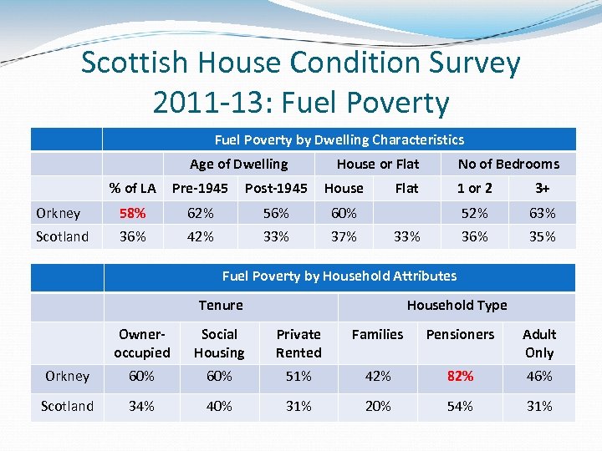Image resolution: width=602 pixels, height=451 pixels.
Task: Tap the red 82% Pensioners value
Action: pyautogui.click(x=460, y=376)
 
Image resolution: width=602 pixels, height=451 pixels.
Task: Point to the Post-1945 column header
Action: pyautogui.click(x=276, y=188)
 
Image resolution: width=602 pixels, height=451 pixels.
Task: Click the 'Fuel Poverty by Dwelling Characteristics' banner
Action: pyautogui.click(x=339, y=139)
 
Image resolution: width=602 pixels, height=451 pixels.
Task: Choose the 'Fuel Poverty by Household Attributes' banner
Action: pyautogui.click(x=339, y=276)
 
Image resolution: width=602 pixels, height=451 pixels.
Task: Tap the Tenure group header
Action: pyautogui.click(x=221, y=305)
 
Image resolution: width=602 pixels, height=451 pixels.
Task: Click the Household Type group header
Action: pyautogui.click(x=457, y=305)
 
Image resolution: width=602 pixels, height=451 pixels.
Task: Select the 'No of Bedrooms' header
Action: pyautogui.click(x=508, y=164)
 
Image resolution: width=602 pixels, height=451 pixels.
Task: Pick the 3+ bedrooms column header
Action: pyautogui.click(x=543, y=188)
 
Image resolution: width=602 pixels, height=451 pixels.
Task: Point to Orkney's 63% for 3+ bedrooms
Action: pyautogui.click(x=543, y=213)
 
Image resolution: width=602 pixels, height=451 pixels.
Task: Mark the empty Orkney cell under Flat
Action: pyautogui.click(x=407, y=213)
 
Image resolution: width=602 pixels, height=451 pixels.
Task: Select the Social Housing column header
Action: pyautogui.click(x=219, y=343)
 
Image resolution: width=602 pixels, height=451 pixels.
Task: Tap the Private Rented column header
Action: pyautogui.click(x=298, y=343)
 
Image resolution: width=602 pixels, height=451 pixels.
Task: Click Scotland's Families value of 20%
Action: pyautogui.click(x=377, y=406)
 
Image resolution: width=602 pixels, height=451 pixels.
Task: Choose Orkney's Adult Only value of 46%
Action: pyautogui.click(x=539, y=376)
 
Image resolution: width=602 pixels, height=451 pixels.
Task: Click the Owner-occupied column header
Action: pyautogui.click(x=141, y=343)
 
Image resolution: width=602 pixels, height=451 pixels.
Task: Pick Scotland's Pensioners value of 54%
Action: pyautogui.click(x=460, y=406)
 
